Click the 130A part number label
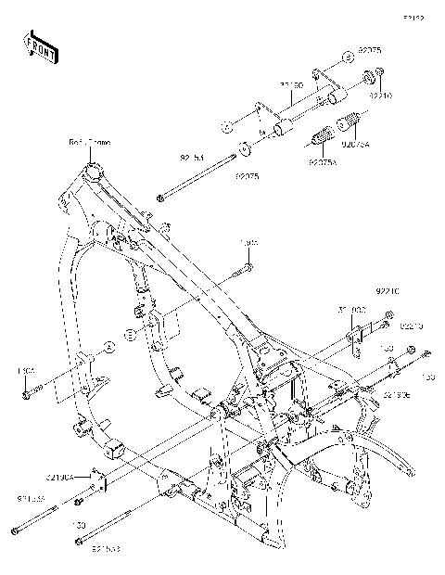25,371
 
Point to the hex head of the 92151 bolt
161,197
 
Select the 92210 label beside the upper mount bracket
380,94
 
